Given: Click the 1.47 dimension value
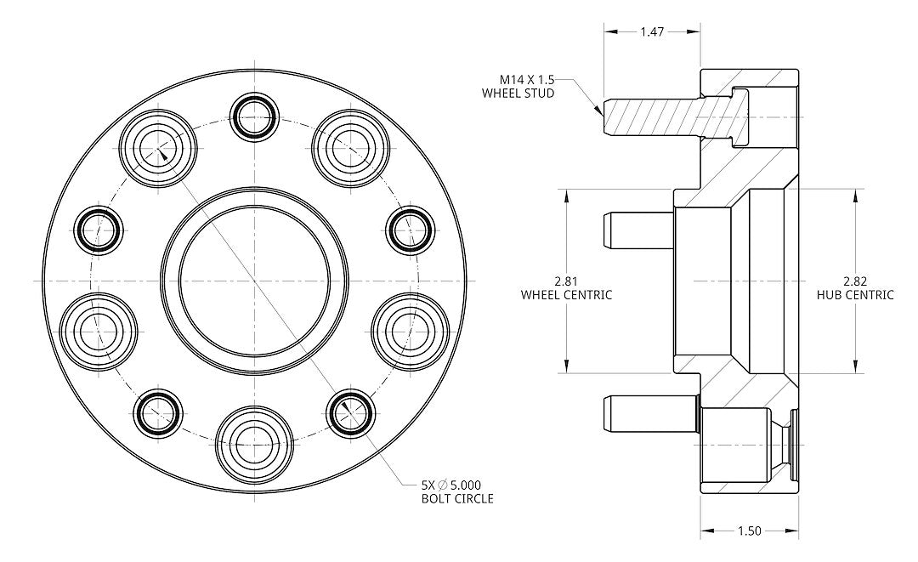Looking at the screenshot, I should pos(652,31).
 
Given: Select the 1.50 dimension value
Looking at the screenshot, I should pos(749,531).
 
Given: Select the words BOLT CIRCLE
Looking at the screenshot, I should pos(457,498).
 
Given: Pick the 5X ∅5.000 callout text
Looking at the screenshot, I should pos(457,484).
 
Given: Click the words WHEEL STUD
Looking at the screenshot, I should pos(518,93).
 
